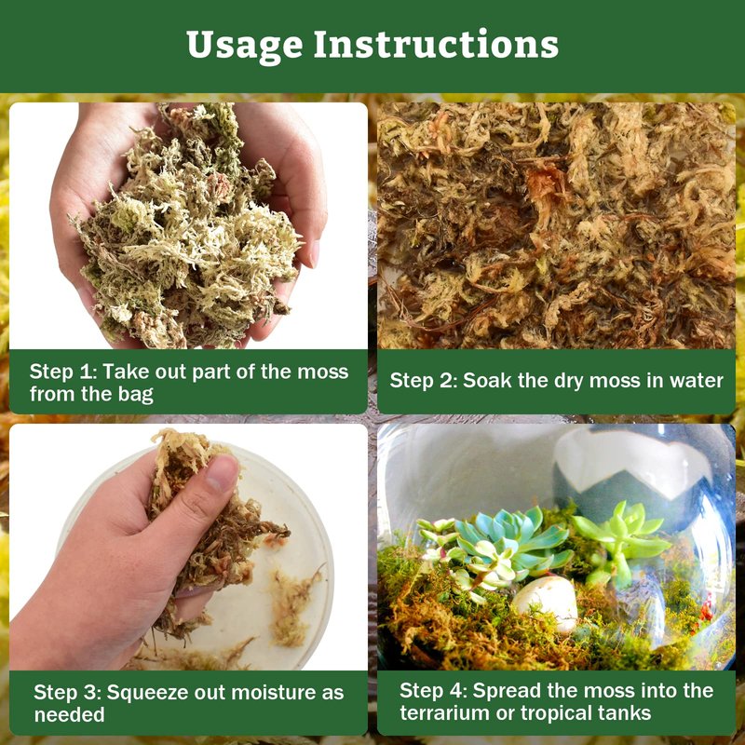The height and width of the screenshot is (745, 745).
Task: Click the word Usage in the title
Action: [x=245, y=46]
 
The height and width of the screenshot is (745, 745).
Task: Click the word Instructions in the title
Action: [x=436, y=44]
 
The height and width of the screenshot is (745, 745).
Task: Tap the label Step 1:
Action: [x=63, y=372]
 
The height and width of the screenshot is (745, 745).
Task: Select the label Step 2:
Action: [x=424, y=381]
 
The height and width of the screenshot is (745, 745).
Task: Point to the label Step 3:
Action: [x=67, y=693]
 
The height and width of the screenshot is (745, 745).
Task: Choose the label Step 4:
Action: [x=433, y=690]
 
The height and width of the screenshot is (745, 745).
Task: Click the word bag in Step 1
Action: [x=136, y=395]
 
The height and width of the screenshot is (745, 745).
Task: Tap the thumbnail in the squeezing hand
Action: [x=222, y=472]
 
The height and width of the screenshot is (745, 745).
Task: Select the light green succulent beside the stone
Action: [x=620, y=539]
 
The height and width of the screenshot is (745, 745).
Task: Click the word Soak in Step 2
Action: [x=486, y=381]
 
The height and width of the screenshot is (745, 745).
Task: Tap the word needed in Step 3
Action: [x=69, y=715]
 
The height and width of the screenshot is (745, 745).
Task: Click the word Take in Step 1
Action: [x=125, y=372]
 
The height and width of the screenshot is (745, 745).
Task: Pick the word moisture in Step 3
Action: [x=271, y=693]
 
